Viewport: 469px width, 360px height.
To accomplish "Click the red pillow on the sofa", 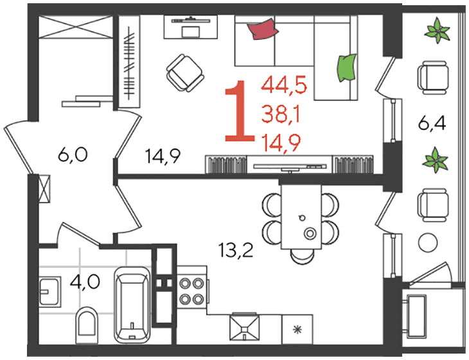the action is [x=263, y=28].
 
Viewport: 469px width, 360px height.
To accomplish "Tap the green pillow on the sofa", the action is [x=347, y=67].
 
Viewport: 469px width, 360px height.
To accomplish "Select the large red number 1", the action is [x=240, y=111].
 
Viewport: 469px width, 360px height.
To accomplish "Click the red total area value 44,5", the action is [x=284, y=85].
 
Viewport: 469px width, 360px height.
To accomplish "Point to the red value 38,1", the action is [x=281, y=114].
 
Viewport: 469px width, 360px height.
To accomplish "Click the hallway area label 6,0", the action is [x=73, y=155].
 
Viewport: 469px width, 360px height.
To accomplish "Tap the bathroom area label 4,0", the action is [x=85, y=282].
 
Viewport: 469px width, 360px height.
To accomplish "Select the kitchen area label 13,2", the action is [x=236, y=250].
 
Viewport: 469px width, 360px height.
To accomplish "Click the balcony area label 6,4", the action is [x=432, y=123].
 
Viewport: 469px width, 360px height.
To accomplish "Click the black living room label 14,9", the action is [x=163, y=156].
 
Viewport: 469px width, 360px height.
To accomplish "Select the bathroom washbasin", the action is [x=49, y=291].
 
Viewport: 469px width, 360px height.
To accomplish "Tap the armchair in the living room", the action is [x=184, y=73].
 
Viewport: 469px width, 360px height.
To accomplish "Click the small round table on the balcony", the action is [x=428, y=243].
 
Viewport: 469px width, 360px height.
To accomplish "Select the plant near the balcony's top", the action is [x=438, y=30].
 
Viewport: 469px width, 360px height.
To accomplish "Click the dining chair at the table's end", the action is [x=302, y=256].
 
